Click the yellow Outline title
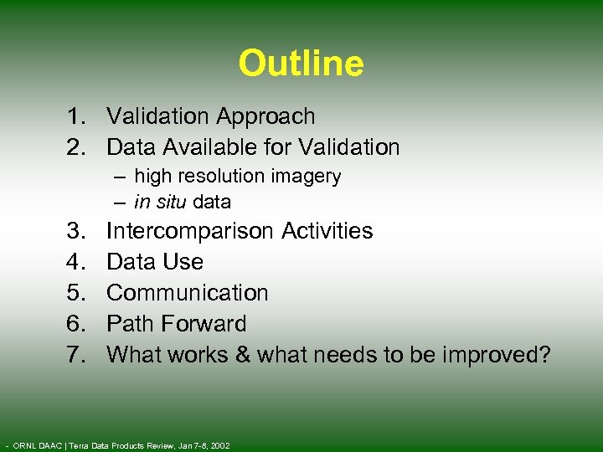301,64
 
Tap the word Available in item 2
205,148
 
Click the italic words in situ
161,202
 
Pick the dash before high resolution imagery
122,177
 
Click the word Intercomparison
189,231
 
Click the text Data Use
155,262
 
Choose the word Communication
188,293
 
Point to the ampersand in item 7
243,355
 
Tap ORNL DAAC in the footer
35,444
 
